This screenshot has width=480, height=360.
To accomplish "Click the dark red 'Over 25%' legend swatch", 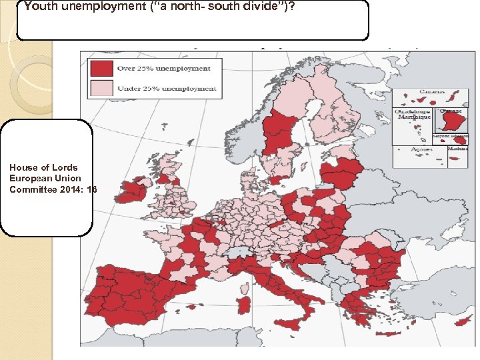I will click(x=101, y=68).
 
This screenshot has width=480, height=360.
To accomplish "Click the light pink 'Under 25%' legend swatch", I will click(x=101, y=88).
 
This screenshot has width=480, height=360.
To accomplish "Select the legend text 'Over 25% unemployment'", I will click(x=163, y=68).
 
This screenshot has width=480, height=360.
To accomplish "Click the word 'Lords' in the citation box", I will click(x=65, y=167).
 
